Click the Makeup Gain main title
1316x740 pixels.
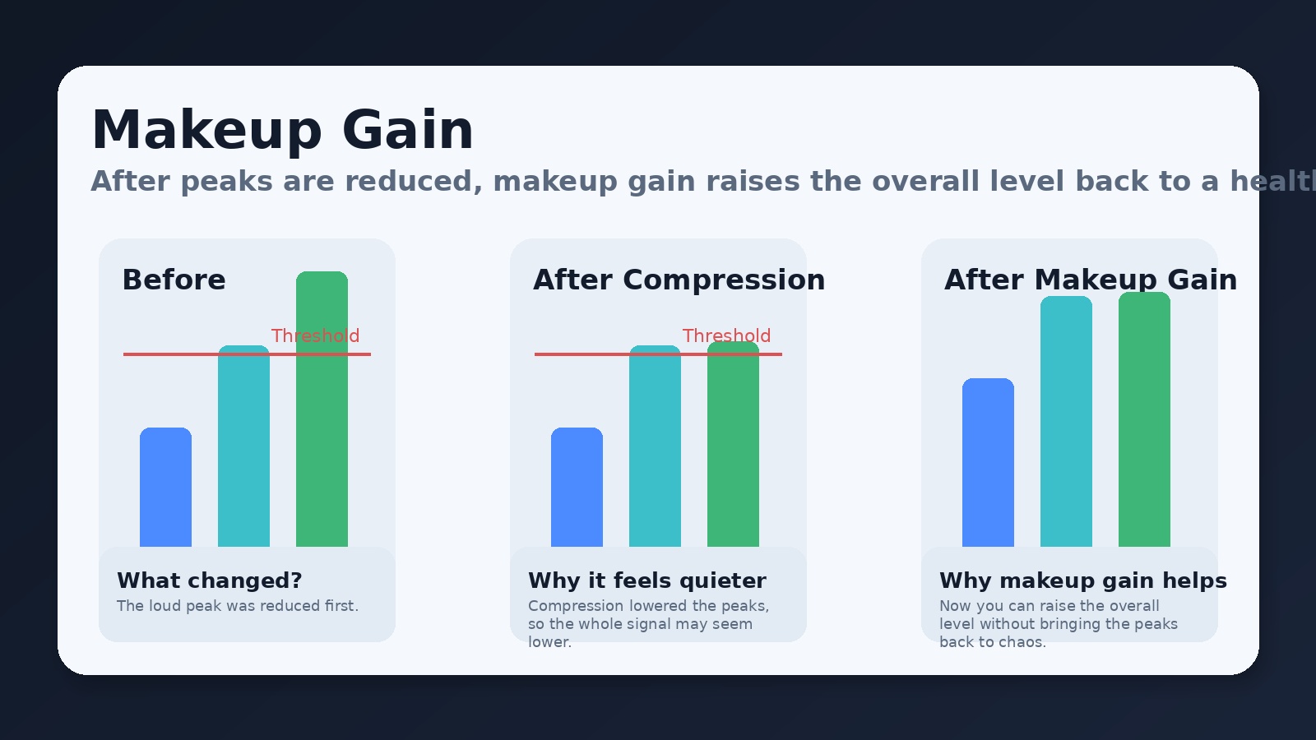pyautogui.click(x=282, y=130)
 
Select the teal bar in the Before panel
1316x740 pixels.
pyautogui.click(x=243, y=448)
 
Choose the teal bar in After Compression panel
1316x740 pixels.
pyautogui.click(x=655, y=448)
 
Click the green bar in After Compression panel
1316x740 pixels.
pyautogui.click(x=733, y=448)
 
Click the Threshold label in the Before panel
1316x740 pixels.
pyautogui.click(x=315, y=335)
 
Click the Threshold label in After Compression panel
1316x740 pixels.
pyautogui.click(x=726, y=335)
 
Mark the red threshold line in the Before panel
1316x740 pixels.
pyautogui.click(x=173, y=354)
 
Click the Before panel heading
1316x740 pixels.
pyautogui.click(x=174, y=280)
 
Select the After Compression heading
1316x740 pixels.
pyautogui.click(x=679, y=280)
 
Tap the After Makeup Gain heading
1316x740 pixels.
pyautogui.click(x=1090, y=280)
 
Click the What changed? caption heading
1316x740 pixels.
pyautogui.click(x=210, y=580)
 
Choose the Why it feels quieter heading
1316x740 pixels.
pyautogui.click(x=647, y=580)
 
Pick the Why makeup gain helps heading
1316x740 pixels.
pyautogui.click(x=1083, y=580)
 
